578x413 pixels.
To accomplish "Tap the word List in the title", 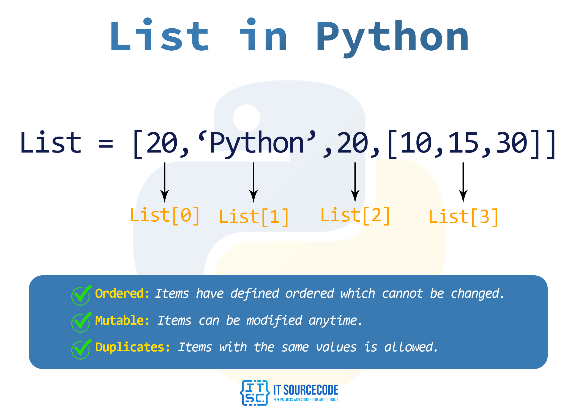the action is [160, 34].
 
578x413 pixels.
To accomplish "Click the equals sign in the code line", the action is [106, 144].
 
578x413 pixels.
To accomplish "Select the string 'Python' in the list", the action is [257, 144].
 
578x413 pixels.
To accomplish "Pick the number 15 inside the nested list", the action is [463, 143].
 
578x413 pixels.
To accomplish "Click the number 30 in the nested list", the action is [511, 143].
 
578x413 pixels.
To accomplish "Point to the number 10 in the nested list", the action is [416, 143].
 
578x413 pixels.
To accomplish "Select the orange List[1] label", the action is [253, 218].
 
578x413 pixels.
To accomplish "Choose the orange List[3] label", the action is [464, 218].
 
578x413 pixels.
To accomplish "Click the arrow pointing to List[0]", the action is [165, 182].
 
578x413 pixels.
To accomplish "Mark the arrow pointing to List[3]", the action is [463, 182].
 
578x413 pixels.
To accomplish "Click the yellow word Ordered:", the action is [122, 294].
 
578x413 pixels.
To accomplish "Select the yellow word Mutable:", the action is [122, 320].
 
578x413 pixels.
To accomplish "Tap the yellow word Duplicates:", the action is [132, 347].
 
